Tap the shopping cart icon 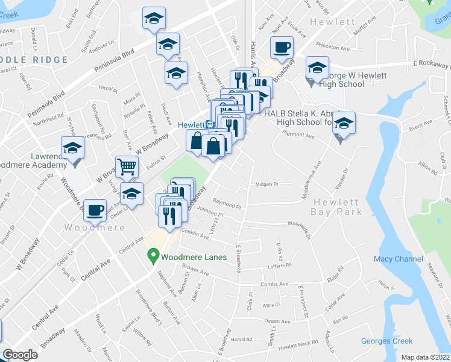tap(127, 166)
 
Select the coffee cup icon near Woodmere tap(95, 209)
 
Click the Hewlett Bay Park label tap(336, 207)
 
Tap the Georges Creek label tap(386, 341)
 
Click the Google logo tap(20, 355)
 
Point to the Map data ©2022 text tap(425, 357)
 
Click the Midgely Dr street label tap(268, 184)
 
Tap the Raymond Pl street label tap(227, 206)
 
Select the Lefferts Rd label tap(280, 265)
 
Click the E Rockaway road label tap(432, 63)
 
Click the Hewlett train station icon tap(209, 125)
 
